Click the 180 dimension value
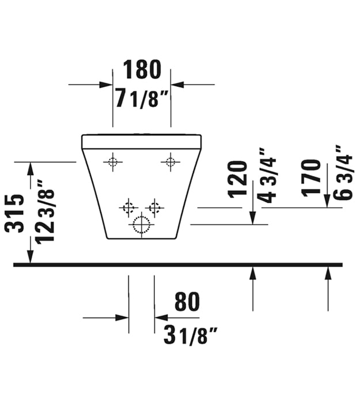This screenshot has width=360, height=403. pos(142,70)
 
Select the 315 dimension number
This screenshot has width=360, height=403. pos(14,214)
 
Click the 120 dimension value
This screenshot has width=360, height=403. pos(237,180)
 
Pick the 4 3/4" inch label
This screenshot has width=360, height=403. pos(267,176)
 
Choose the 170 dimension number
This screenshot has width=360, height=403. pos(312,178)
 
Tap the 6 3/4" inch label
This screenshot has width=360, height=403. pos(343,173)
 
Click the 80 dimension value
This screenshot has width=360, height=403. pos(187,302)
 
